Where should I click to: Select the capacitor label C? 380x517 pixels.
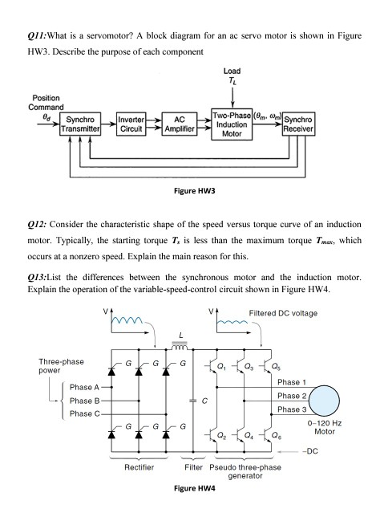[206, 401]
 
